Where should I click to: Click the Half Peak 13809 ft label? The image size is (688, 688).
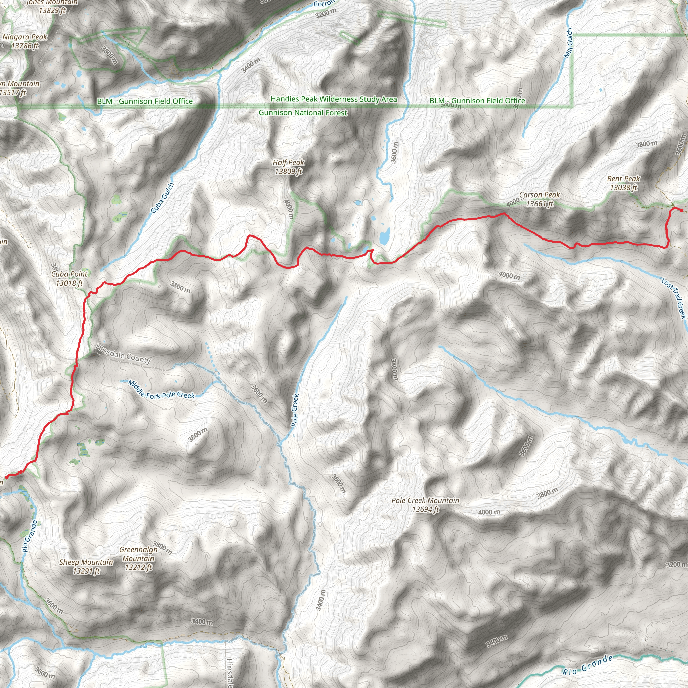tap(289, 167)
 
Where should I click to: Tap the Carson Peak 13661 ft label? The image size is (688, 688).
tap(540, 199)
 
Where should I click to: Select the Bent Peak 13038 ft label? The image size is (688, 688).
tap(623, 183)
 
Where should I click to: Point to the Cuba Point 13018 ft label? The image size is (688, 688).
tap(69, 278)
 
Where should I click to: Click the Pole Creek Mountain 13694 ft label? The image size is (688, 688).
tap(425, 505)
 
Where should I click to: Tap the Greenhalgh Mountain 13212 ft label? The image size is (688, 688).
tap(138, 558)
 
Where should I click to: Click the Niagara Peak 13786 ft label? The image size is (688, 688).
tap(25, 41)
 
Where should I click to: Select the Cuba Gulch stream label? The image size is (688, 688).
tap(162, 198)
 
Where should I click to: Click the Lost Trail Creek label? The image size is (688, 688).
tap(674, 298)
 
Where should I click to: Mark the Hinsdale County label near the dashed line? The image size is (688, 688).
tap(123, 354)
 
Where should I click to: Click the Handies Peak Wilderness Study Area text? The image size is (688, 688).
tap(334, 99)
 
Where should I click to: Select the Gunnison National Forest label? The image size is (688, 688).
tap(303, 113)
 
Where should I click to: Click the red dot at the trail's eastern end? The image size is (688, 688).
tap(681, 210)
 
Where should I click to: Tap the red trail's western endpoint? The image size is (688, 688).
tap(6, 477)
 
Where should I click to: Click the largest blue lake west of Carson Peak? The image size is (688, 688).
tap(384, 236)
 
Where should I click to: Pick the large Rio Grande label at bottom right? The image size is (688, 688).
tap(587, 665)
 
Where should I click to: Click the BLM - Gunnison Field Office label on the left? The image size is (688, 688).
tap(145, 101)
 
